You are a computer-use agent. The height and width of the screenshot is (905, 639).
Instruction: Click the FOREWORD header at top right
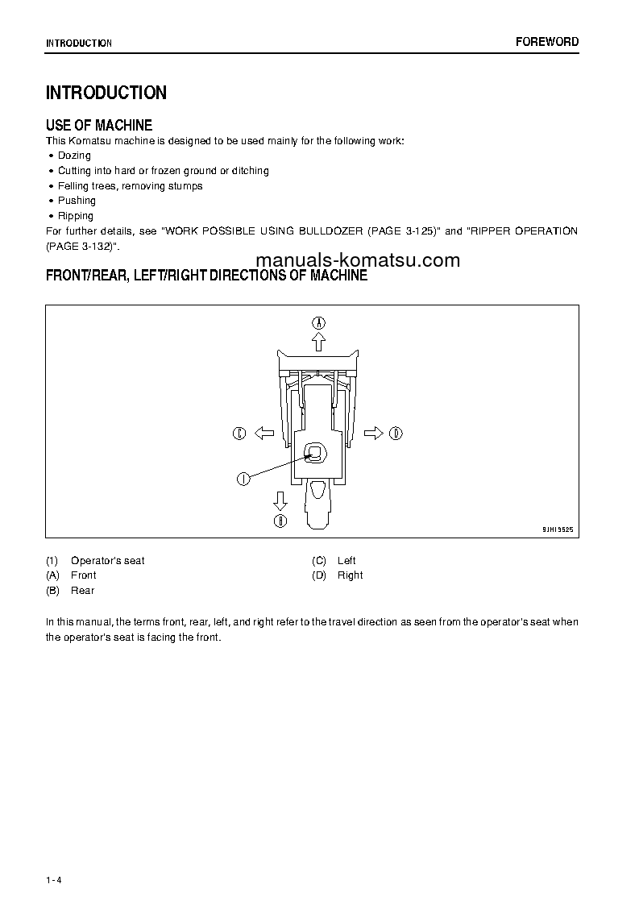click(x=546, y=42)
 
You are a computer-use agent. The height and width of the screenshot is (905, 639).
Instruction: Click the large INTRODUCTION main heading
click(x=106, y=93)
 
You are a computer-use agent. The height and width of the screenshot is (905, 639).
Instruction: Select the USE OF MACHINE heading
click(x=99, y=125)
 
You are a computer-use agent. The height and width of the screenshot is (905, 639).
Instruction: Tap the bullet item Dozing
click(x=74, y=156)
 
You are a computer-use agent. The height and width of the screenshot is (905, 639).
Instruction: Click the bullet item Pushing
click(x=77, y=201)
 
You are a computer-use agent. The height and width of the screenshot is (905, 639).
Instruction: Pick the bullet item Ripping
click(x=76, y=216)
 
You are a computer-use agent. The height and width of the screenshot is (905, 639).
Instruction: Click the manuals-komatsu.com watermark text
click(x=358, y=260)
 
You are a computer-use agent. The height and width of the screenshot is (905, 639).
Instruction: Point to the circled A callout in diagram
click(x=319, y=322)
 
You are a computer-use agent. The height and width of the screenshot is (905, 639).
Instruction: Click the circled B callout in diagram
click(x=280, y=521)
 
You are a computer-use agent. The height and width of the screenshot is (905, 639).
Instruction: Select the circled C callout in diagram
click(x=239, y=434)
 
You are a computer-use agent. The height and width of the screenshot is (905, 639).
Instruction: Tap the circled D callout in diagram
click(x=396, y=434)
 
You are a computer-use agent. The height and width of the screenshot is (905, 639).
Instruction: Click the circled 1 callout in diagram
click(x=241, y=479)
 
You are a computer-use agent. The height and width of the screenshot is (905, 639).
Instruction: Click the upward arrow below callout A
click(x=319, y=342)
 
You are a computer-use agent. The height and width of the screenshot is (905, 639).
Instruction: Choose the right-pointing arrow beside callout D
click(x=373, y=434)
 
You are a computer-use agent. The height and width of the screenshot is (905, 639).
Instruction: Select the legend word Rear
click(x=82, y=591)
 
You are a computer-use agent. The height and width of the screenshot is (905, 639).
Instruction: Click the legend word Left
click(x=346, y=561)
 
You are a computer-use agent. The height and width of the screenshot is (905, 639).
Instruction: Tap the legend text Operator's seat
click(x=108, y=561)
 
